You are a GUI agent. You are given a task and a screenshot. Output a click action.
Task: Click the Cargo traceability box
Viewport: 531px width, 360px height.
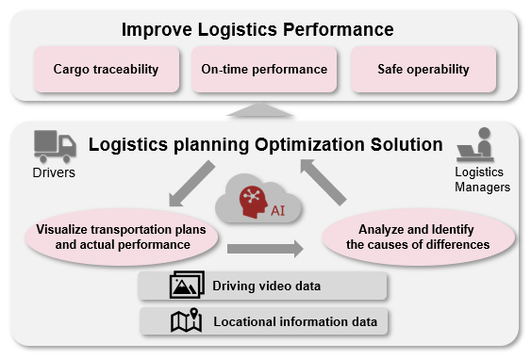coord(107,70)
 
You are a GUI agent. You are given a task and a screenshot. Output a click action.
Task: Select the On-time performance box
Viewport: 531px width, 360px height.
coord(264,70)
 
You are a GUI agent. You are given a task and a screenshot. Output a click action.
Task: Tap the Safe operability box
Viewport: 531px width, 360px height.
coord(423,70)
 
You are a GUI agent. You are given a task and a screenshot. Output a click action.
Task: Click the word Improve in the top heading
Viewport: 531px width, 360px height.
coord(158,30)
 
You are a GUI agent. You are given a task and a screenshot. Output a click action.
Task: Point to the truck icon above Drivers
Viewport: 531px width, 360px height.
coord(55,146)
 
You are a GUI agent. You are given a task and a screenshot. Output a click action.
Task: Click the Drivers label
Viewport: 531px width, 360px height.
coord(54,172)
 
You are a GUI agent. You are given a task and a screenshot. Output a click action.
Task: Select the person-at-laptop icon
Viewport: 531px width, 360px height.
coord(475,144)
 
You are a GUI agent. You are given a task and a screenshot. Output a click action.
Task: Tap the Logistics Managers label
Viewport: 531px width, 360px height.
coord(482,179)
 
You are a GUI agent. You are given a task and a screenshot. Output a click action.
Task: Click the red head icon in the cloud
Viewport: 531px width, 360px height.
coord(253,202)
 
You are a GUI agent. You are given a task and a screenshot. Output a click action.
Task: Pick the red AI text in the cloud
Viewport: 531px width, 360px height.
coord(277,211)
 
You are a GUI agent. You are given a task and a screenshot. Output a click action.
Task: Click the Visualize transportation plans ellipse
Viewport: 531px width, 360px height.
coord(122,237)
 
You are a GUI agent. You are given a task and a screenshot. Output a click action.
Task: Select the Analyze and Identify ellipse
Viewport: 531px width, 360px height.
coord(418,237)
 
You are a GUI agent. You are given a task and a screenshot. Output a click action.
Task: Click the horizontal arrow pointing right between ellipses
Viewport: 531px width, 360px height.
coord(265,249)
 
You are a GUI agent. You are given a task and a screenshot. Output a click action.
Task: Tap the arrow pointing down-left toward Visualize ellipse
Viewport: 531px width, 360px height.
coord(191,184)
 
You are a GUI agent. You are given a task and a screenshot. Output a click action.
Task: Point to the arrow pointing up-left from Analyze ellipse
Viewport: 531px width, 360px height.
coord(324,183)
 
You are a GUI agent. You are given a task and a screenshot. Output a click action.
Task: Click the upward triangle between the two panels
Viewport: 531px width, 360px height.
coord(259,110)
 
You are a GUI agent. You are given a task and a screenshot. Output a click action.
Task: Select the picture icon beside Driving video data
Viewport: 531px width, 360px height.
coord(187,285)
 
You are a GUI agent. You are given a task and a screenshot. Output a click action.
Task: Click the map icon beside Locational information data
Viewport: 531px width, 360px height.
coord(187,320)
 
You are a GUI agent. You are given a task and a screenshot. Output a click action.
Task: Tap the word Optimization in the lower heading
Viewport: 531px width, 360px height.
coord(309,145)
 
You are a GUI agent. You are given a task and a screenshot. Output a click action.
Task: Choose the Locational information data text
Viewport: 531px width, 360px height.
coord(295,321)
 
